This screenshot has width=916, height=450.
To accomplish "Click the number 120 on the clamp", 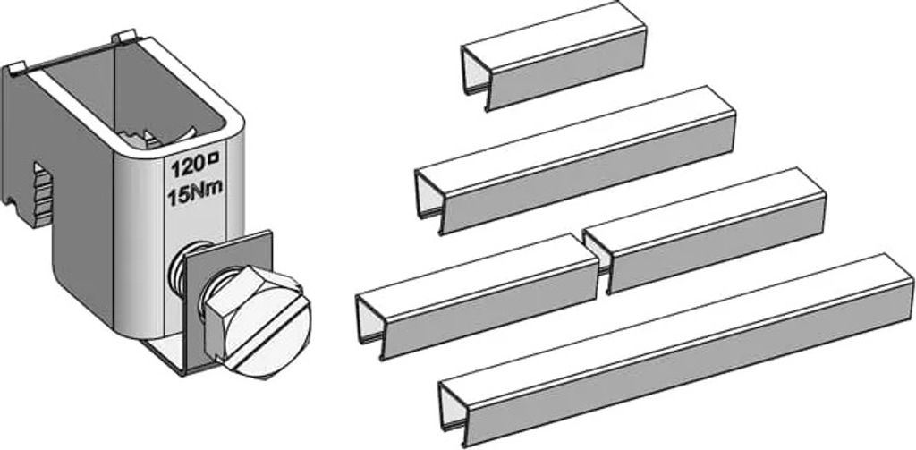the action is [x=188, y=167].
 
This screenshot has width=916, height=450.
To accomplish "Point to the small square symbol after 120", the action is [x=215, y=157].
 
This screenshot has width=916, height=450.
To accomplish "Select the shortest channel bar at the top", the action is [x=554, y=55].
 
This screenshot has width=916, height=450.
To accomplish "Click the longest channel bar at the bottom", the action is [x=676, y=351].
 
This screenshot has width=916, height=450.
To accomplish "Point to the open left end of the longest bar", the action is [x=452, y=413].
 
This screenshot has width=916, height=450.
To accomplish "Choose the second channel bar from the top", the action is [x=575, y=160].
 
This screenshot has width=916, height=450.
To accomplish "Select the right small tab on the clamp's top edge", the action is [x=123, y=38].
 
